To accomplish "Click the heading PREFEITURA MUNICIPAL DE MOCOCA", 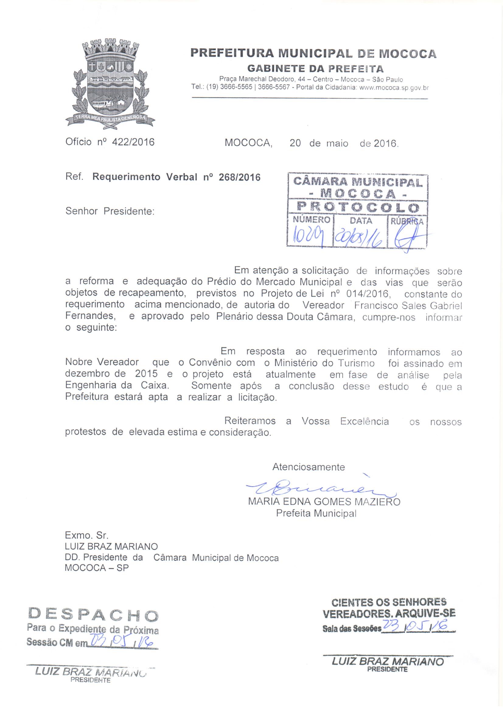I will coord(313,53).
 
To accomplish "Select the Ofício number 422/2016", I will coord(133,142).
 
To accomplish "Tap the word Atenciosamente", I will coord(308,467).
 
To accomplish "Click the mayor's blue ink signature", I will coord(319,489).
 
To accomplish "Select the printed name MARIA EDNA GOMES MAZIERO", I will coord(324,502).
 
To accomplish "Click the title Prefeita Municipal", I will coord(316,513).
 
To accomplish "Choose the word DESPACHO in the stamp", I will coord(93,614).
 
